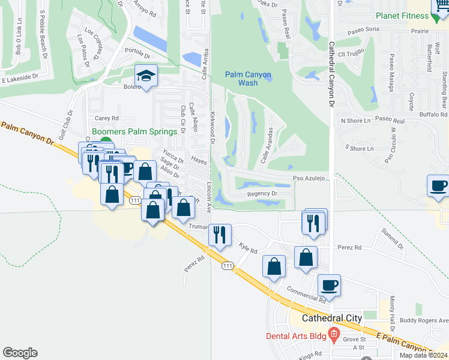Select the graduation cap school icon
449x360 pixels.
(145, 76)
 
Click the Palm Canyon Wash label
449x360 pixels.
(248, 79)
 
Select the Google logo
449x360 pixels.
(20, 353)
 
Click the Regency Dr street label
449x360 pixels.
(262, 194)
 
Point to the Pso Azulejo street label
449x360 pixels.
(309, 179)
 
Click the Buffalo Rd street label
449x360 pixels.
(432, 114)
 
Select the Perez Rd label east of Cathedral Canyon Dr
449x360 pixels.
(349, 247)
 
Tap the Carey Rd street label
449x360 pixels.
(107, 118)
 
